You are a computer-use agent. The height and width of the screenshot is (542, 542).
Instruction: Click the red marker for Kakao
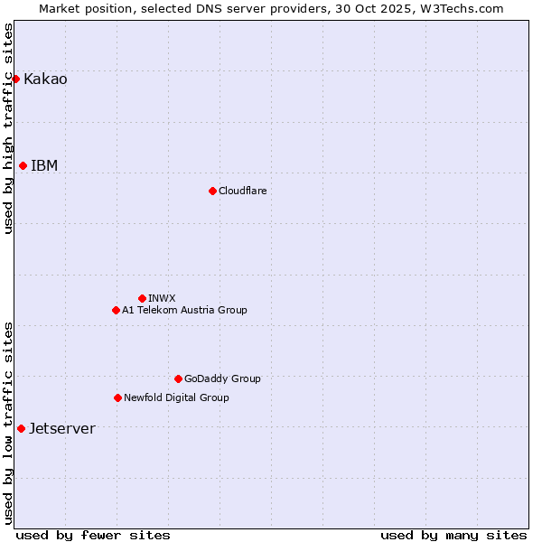[x=15, y=79]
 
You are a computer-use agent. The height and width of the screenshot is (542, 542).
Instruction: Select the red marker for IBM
[x=23, y=165]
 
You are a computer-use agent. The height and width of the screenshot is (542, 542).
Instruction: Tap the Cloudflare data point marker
[x=212, y=191]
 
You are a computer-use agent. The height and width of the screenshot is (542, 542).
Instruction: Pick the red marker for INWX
[x=142, y=298]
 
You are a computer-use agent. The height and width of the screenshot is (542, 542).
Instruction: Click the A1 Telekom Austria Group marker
[x=116, y=310]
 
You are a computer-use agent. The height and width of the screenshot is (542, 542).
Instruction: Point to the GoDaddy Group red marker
[x=178, y=378]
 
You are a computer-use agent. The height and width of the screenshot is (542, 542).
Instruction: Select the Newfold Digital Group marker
[x=117, y=397]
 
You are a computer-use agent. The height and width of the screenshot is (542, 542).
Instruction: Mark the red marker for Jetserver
[x=21, y=428]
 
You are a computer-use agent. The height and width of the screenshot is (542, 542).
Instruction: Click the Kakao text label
[x=45, y=79]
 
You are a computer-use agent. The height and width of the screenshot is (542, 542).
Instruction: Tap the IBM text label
[x=44, y=166]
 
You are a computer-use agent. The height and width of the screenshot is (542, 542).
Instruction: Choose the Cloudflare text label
[x=242, y=191]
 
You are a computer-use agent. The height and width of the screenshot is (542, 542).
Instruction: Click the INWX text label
[x=162, y=298]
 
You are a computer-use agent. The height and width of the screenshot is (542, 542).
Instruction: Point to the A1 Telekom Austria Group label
[x=184, y=310]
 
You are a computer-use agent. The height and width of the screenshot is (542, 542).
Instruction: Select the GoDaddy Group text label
[x=222, y=378]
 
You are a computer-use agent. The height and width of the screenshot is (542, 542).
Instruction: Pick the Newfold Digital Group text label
[x=176, y=397]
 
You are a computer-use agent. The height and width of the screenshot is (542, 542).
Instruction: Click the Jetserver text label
[x=61, y=429]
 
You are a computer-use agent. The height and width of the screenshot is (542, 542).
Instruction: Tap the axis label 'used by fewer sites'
[x=93, y=535]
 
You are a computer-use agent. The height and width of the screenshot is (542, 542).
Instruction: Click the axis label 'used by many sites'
[x=453, y=535]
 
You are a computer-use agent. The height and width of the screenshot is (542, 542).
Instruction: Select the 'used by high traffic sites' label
[x=8, y=128]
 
